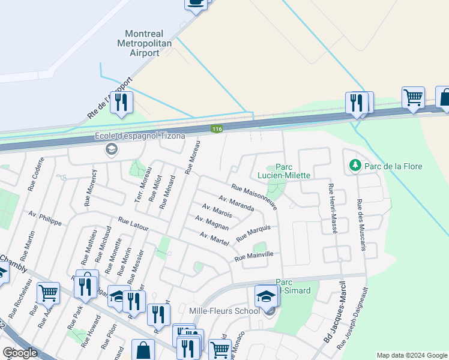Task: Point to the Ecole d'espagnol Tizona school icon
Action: [x=111, y=149]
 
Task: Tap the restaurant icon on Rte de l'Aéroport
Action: [x=121, y=103]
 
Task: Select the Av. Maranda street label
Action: [x=237, y=203]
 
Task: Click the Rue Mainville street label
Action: [x=254, y=257]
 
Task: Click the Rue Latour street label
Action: [x=133, y=224]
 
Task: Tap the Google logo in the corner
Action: [x=20, y=353]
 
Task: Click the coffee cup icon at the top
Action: [x=196, y=3]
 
